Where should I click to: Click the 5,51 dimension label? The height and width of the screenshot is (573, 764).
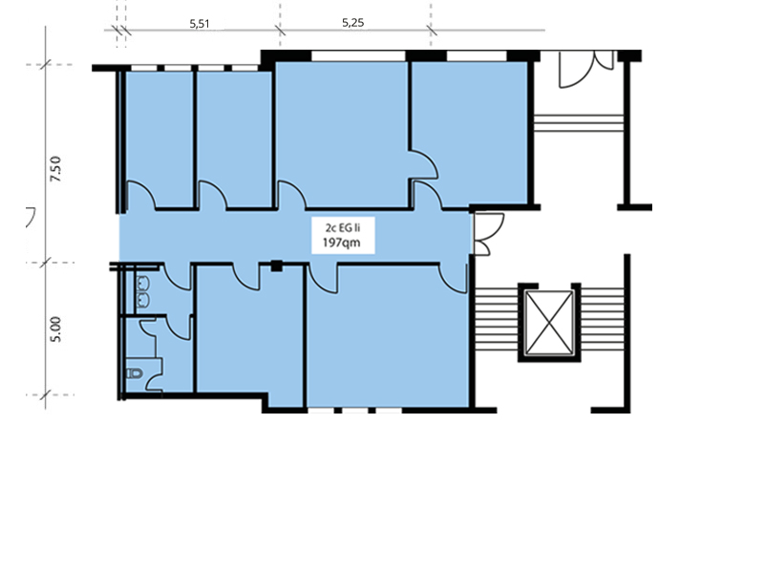200,24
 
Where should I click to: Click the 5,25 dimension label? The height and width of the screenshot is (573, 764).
352,22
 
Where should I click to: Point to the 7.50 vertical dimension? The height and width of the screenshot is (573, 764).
56,169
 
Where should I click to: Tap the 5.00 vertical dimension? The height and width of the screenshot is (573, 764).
56,329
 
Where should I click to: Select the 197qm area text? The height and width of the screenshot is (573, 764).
342,243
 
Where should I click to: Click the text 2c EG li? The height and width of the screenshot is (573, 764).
343,227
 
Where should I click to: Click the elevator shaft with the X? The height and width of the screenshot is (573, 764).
549,323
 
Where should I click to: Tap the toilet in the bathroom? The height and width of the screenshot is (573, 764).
135,373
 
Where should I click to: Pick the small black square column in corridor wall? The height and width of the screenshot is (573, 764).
277,266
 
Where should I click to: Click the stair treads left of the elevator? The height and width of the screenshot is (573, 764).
496,319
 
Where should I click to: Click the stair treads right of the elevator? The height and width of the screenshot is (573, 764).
603,319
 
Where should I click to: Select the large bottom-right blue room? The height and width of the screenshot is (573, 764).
388,336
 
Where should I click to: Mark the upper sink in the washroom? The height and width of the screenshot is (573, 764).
142,283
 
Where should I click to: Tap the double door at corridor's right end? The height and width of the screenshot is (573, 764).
489,234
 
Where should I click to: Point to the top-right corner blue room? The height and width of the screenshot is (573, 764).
470,133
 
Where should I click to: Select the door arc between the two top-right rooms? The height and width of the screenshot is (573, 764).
423,164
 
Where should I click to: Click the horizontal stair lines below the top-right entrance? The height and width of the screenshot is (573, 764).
579,123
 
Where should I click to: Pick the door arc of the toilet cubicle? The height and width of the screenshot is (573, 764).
179,328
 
